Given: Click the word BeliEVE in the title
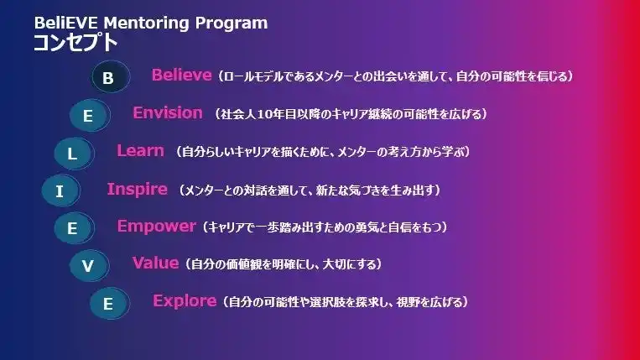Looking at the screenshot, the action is click(65, 23).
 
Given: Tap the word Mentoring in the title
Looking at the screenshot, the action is click(146, 23).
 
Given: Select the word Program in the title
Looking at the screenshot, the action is click(231, 23).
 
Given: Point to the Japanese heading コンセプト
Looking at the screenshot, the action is click(75, 43).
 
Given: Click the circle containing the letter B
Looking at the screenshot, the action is click(110, 76).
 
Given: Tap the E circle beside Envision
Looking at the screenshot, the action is click(90, 115).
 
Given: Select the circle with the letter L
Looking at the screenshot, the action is click(74, 154).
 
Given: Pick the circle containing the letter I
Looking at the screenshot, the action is click(61, 190).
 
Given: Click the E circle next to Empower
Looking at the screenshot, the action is click(74, 227).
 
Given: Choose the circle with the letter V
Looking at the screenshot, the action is click(90, 265).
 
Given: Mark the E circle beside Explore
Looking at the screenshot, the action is click(109, 303).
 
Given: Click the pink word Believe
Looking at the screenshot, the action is click(182, 75).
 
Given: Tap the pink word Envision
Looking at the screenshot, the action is click(168, 112).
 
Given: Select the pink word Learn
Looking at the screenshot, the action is click(140, 150).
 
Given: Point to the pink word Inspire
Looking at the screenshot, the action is click(138, 190).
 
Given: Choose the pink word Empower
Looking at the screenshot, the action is click(156, 227).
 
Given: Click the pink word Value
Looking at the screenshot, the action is click(155, 263).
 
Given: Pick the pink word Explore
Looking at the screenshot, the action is click(185, 301).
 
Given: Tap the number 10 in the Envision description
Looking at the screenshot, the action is click(265, 114).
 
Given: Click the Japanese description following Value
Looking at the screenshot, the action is click(283, 264).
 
